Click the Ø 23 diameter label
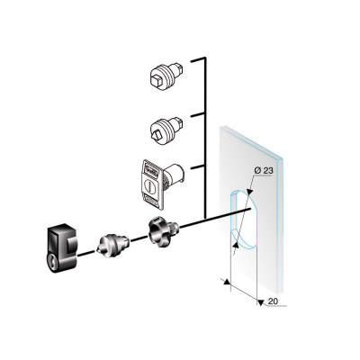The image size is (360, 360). point(264,171)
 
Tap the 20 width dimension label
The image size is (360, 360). point(273,301)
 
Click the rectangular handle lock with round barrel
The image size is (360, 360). point(162,184)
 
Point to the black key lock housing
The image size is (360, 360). point(63,248)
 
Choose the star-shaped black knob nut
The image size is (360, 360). point(163,231)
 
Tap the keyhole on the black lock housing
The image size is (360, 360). point(53,260)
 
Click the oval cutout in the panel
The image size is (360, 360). point(243,220)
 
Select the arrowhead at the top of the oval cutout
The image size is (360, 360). point(248,193)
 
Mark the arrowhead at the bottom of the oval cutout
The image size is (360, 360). point(236,245)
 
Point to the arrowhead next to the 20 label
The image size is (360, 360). point(261,302)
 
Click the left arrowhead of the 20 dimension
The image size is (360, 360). point(227,282)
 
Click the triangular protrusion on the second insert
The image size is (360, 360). point(156,136)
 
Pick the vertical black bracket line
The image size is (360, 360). point(205,138)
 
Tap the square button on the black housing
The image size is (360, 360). point(71,246)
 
